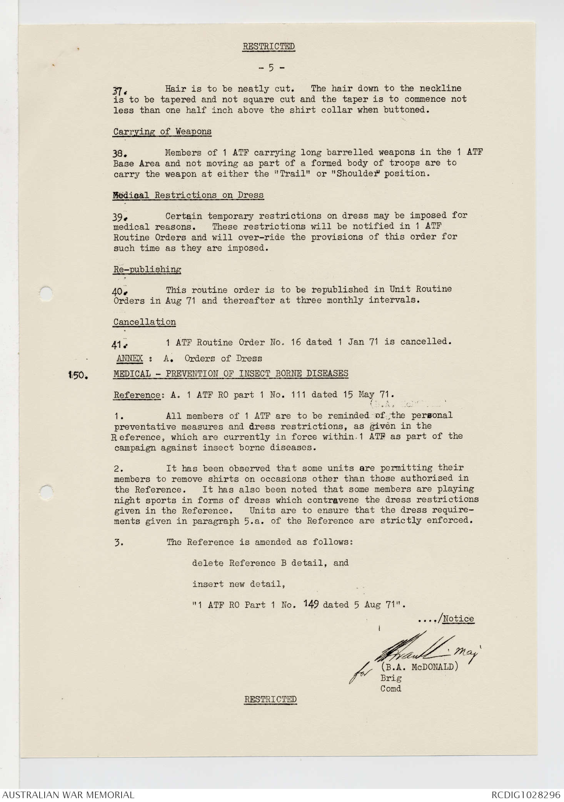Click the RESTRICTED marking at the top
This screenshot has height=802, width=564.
(x=268, y=47)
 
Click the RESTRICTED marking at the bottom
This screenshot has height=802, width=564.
(x=270, y=699)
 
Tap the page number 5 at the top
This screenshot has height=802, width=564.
(x=271, y=68)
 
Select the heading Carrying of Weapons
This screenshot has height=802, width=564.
(x=162, y=131)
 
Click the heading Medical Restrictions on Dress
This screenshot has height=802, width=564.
(x=189, y=195)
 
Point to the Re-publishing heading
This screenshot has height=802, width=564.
(x=147, y=269)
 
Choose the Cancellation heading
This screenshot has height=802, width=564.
(x=145, y=322)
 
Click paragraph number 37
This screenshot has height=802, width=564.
(x=118, y=91)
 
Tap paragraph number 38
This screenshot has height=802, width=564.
(x=117, y=153)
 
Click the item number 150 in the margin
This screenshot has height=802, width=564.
(x=78, y=375)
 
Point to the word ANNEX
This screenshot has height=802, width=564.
(x=130, y=358)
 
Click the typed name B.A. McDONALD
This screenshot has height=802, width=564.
(x=419, y=667)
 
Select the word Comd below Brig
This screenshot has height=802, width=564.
(x=390, y=688)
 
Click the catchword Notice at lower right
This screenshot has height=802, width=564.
(x=458, y=619)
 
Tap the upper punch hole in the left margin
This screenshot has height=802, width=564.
(x=46, y=293)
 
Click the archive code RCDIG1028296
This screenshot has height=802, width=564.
(x=526, y=795)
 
